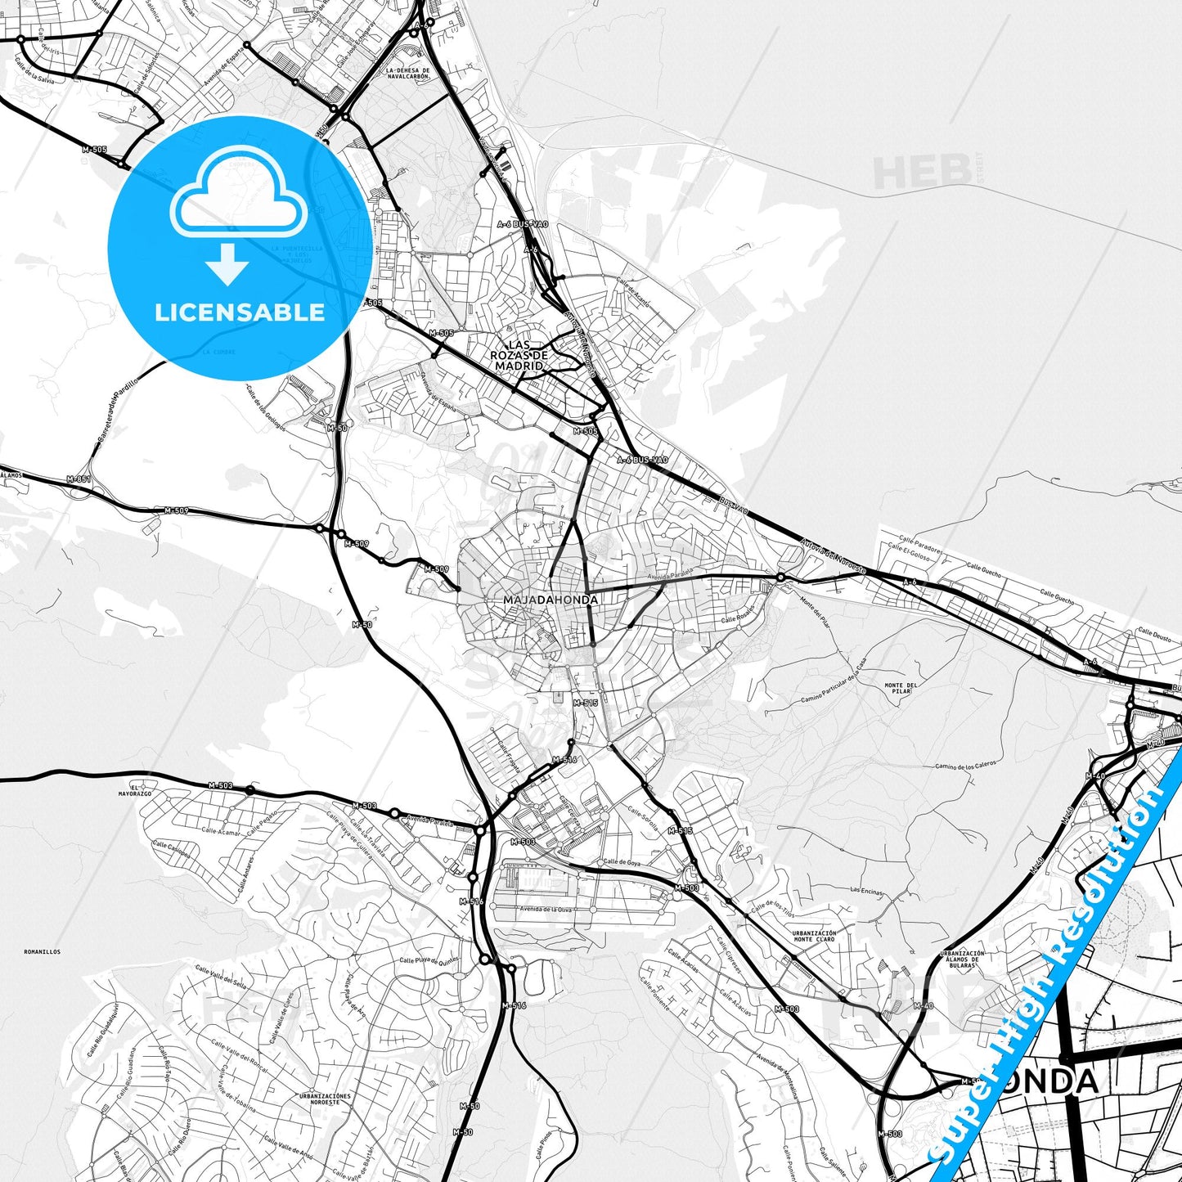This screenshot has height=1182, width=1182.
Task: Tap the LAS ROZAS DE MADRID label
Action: pos(518,356)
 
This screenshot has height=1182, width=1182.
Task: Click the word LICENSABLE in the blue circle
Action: pos(239,312)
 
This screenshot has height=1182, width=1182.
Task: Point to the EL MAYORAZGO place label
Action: pos(135,790)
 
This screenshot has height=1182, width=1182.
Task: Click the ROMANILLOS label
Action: pos(42,952)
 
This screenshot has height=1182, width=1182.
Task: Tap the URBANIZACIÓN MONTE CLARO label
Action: pos(814,937)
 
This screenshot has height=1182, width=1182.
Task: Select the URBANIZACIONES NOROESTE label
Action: pos(325,1099)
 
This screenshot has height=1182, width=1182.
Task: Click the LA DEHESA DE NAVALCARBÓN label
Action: pos(407,73)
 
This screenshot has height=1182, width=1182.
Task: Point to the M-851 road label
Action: pos(79,479)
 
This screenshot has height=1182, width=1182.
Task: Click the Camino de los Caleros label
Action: pos(966,766)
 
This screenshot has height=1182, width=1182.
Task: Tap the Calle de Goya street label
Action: pos(622,862)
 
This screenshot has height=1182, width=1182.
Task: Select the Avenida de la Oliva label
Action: pos(546,910)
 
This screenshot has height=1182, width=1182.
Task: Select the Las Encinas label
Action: pos(867,890)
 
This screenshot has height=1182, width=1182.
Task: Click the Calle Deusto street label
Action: pos(1155,633)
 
